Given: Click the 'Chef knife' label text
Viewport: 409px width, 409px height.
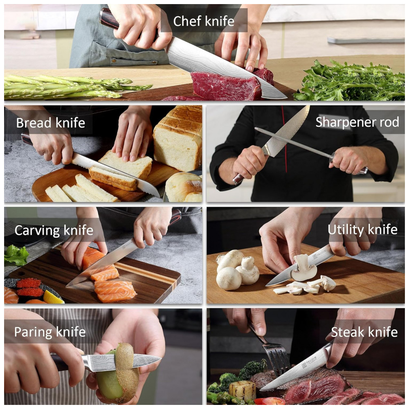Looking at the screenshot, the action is pyautogui.click(x=203, y=21).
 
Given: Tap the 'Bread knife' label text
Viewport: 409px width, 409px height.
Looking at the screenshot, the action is pyautogui.click(x=51, y=123).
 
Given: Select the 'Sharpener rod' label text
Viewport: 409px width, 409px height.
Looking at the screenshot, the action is pyautogui.click(x=357, y=122).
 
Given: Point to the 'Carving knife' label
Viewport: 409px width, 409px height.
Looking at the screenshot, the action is pyautogui.click(x=54, y=230).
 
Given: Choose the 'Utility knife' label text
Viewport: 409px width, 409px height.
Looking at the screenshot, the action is pyautogui.click(x=362, y=229).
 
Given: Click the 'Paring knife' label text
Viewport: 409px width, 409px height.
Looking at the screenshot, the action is pyautogui.click(x=50, y=332).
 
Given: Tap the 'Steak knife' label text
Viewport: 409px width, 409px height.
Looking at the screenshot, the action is pyautogui.click(x=364, y=332).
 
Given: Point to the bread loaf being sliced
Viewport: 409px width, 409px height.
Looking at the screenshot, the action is pyautogui.click(x=178, y=138).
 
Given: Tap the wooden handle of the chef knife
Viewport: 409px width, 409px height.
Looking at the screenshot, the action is pyautogui.click(x=109, y=19).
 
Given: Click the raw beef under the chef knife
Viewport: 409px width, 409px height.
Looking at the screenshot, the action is pyautogui.click(x=226, y=86).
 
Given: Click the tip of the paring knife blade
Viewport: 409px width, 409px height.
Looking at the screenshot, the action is pyautogui.click(x=161, y=358).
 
